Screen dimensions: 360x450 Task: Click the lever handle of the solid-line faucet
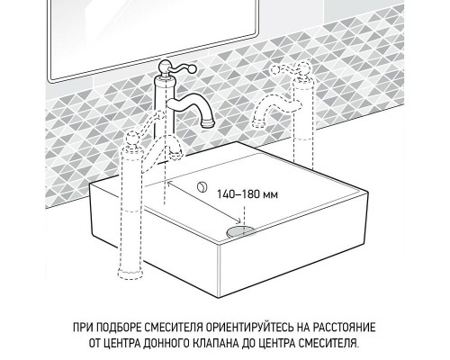coord(166,66)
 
